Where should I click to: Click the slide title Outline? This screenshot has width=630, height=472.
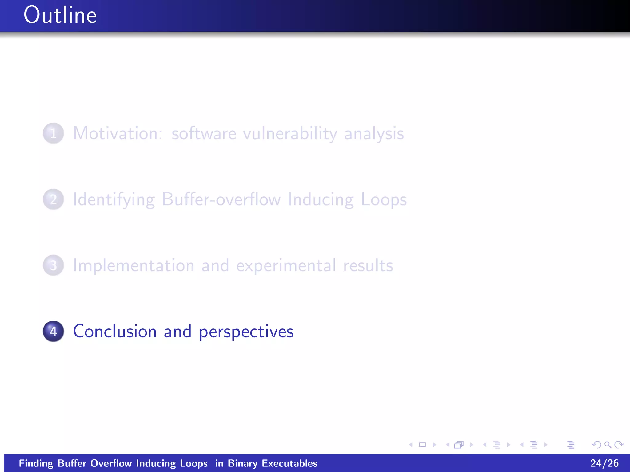point(60,15)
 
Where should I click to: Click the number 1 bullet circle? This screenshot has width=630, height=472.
point(54,133)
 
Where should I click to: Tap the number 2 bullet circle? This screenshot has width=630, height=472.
point(54,199)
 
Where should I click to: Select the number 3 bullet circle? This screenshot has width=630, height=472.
point(54,265)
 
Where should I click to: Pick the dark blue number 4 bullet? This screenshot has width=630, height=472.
point(54,332)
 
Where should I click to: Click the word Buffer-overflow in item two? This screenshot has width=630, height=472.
point(221,199)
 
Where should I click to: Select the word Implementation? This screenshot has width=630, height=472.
point(134,266)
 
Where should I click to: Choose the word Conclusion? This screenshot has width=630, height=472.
point(115,332)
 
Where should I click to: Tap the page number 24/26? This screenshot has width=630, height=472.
point(604,463)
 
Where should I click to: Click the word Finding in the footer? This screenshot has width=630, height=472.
point(36,463)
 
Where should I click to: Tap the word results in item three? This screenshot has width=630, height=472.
point(368,266)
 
